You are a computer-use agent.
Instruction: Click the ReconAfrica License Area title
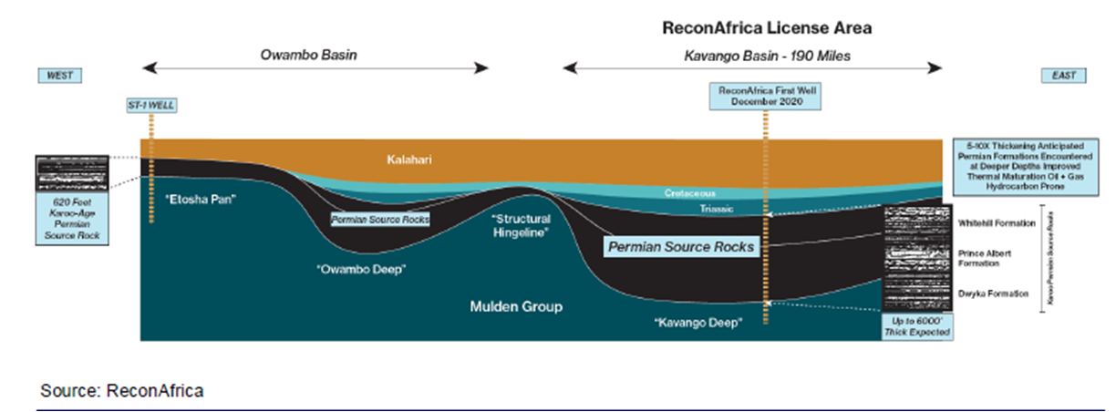tap(767, 28)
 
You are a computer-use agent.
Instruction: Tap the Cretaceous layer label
tap(690, 193)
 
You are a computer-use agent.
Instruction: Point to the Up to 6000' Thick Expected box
tap(916, 326)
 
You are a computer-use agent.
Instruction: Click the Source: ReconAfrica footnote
tap(121, 391)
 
